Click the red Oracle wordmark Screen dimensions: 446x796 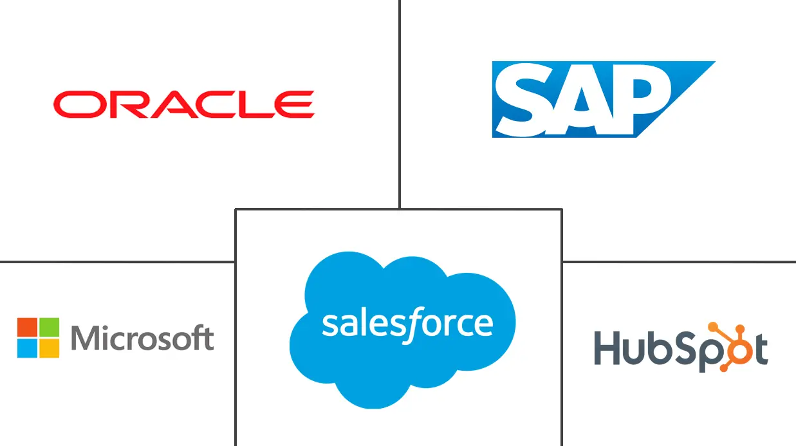(x=183, y=104)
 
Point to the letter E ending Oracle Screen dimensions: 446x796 (x=297, y=104)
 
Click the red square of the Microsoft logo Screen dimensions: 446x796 (x=27, y=327)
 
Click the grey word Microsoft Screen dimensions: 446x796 (x=142, y=338)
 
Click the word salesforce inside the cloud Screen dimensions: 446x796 (x=407, y=324)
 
